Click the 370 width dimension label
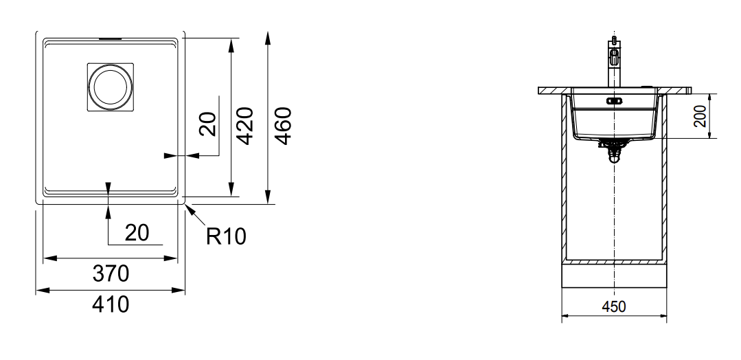(111, 273)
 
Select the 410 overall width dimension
(111, 304)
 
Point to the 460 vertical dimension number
(283, 126)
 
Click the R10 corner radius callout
(226, 236)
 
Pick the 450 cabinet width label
(614, 306)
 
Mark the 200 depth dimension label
(701, 116)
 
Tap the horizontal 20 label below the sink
(137, 233)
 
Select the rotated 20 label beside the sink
(207, 124)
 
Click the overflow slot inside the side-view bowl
(614, 100)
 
